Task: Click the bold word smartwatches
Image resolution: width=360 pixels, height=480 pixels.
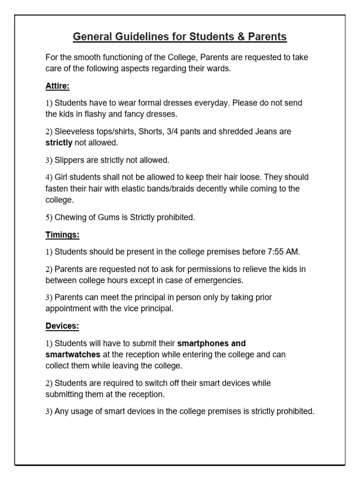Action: [x=73, y=354]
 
